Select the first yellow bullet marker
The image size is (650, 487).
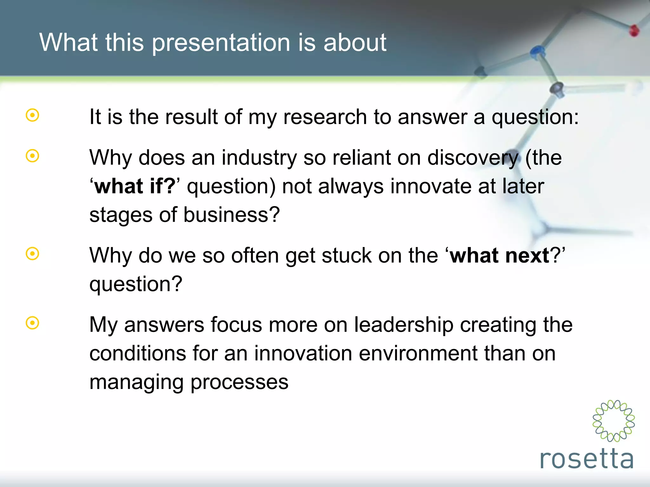tap(32, 115)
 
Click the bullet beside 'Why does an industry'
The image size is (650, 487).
tap(32, 156)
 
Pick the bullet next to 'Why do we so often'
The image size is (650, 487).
tap(32, 254)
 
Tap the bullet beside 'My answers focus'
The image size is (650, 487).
tap(32, 323)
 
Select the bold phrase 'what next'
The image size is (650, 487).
tap(500, 256)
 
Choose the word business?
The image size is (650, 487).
tap(231, 215)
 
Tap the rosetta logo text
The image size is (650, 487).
tap(587, 459)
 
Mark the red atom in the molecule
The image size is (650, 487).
tap(634, 31)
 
